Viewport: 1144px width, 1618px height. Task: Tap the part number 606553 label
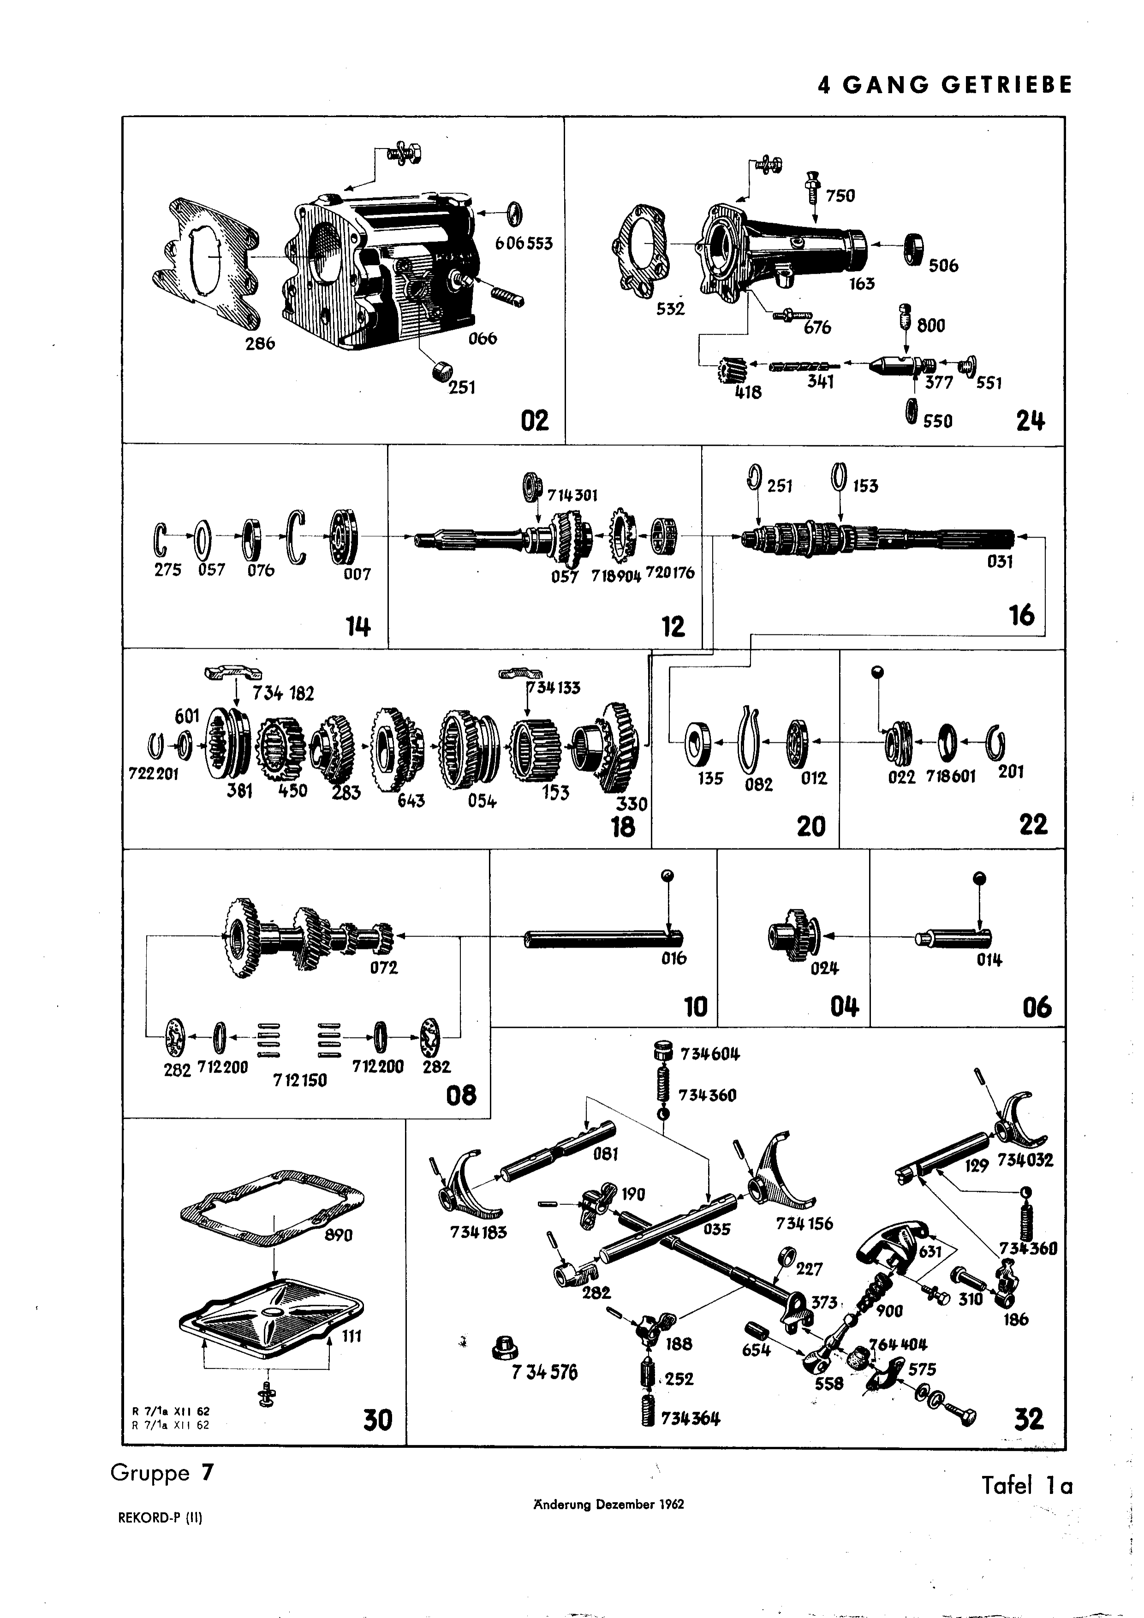(x=523, y=244)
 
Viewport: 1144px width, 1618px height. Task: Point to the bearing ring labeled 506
(x=914, y=248)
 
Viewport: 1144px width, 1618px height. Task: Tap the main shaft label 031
(x=1000, y=562)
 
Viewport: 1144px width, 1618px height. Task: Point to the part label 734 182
(x=283, y=693)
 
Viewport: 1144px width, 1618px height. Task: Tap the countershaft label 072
(x=384, y=967)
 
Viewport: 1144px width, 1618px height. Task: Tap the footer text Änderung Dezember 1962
(x=608, y=1504)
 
